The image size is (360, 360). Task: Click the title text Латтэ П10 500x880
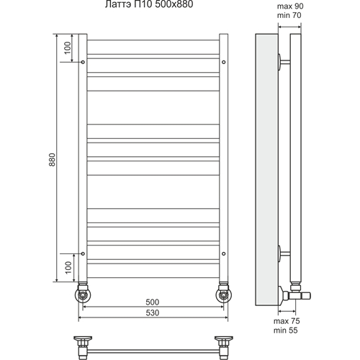click(x=149, y=4)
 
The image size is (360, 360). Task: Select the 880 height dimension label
click(x=52, y=160)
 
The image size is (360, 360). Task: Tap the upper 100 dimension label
click(x=68, y=48)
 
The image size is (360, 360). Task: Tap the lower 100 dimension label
click(x=68, y=267)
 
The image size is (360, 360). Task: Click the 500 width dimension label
click(x=153, y=302)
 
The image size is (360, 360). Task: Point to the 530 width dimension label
click(x=153, y=312)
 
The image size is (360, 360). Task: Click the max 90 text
click(x=290, y=6)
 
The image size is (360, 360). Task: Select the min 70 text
click(x=289, y=15)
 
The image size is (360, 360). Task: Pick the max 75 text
click(x=287, y=321)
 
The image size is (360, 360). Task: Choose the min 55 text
click(x=285, y=330)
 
